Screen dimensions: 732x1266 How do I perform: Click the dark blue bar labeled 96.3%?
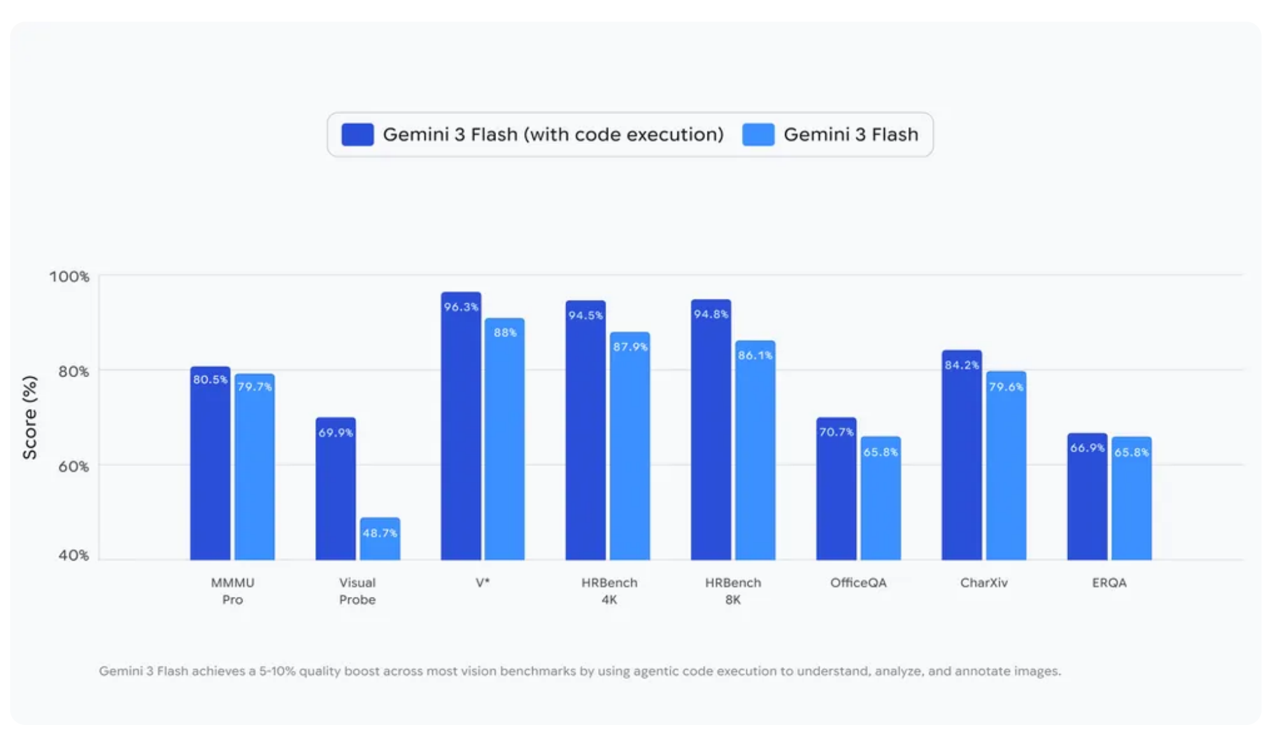pyautogui.click(x=460, y=433)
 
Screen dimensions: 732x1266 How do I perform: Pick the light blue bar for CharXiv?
pyautogui.click(x=1006, y=471)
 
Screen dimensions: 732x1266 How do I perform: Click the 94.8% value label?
pyautogui.click(x=711, y=314)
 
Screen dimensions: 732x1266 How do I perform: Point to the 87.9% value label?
pyautogui.click(x=630, y=347)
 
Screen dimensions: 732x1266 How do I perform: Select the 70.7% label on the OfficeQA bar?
pyautogui.click(x=836, y=432)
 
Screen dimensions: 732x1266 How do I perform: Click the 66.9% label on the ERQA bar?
pyautogui.click(x=1086, y=448)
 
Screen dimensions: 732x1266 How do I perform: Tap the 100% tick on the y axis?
pyautogui.click(x=69, y=276)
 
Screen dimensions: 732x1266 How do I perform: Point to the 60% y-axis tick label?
pyautogui.click(x=73, y=466)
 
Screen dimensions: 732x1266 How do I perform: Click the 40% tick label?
pyautogui.click(x=73, y=555)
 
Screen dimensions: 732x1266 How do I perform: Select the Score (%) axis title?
pyautogui.click(x=29, y=417)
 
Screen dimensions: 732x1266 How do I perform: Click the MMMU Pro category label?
pyautogui.click(x=232, y=591)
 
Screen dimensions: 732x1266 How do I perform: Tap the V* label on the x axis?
pyautogui.click(x=482, y=582)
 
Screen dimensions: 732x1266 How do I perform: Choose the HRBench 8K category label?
pyautogui.click(x=732, y=591)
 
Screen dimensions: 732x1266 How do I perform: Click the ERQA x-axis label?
pyautogui.click(x=1109, y=582)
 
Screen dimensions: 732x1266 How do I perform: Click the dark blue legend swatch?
pyautogui.click(x=357, y=134)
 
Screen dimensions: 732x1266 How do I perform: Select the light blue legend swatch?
pyautogui.click(x=758, y=134)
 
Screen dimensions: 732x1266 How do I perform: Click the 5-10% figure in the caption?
pyautogui.click(x=277, y=671)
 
